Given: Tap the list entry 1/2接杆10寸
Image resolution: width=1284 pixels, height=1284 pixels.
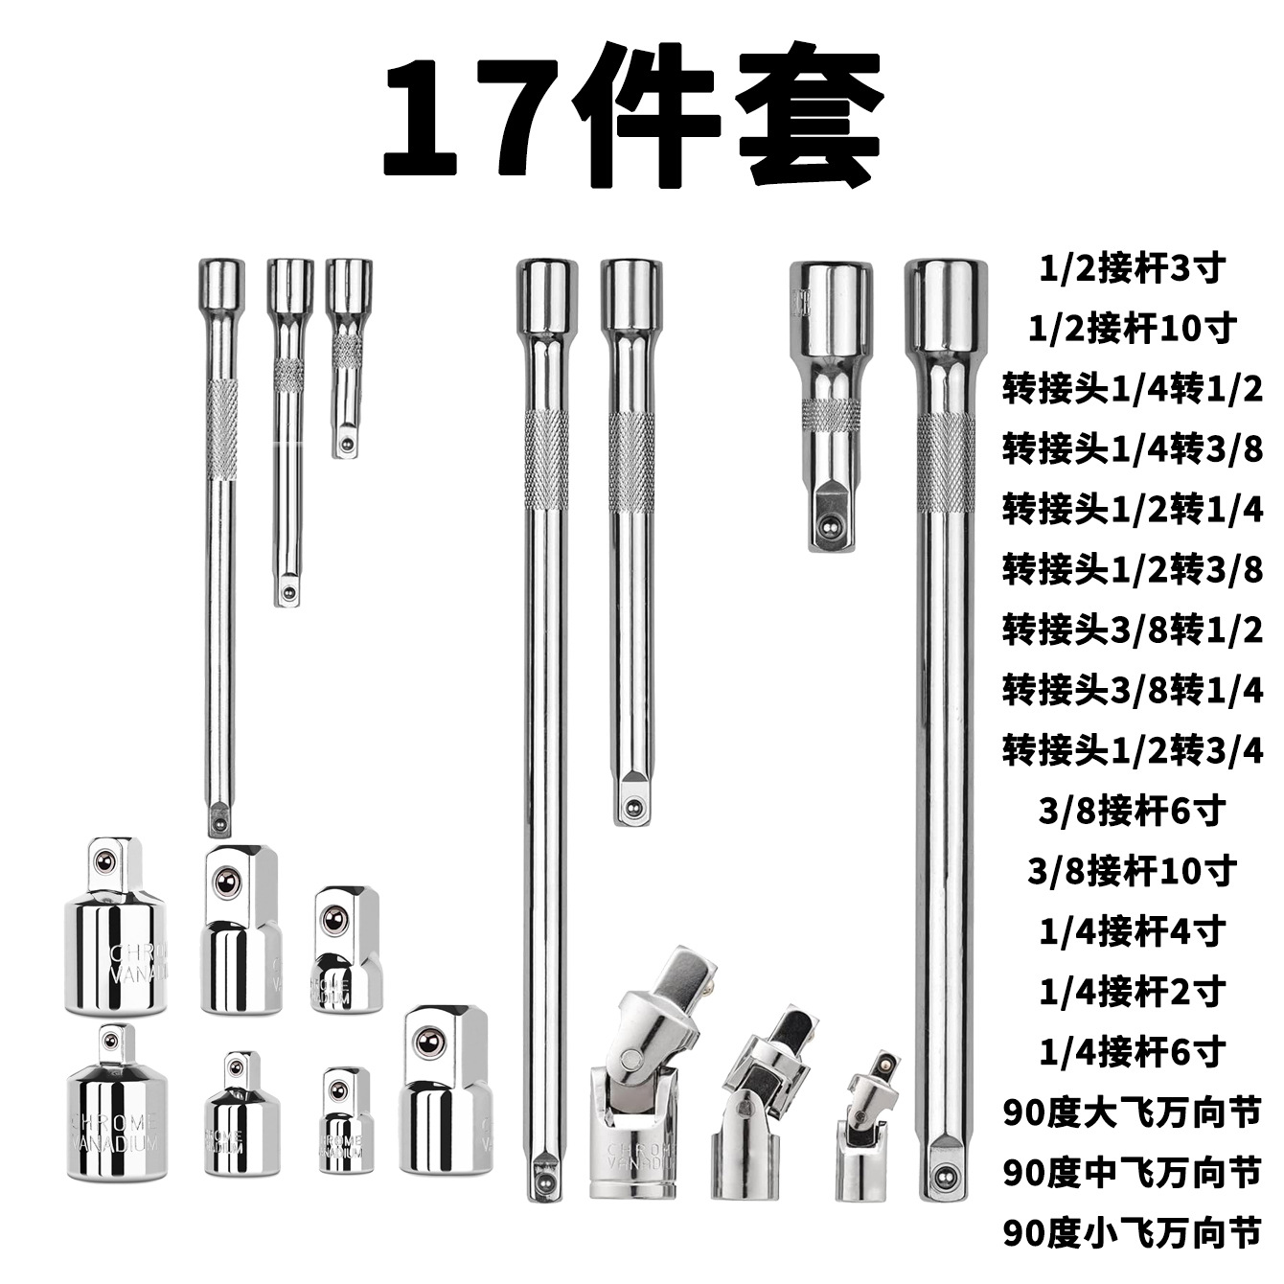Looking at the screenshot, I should coord(1132,329).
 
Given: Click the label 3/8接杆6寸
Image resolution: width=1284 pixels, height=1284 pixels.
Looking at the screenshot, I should coord(1132,811).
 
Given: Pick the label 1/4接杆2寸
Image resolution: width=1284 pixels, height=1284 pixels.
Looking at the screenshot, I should coord(1132,991).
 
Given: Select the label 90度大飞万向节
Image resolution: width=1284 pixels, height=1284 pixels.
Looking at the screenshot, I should coord(1132,1112).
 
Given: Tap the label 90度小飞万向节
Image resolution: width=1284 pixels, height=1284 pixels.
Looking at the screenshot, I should coord(1132,1232).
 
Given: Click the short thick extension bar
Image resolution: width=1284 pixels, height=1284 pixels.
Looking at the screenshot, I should coord(830,402).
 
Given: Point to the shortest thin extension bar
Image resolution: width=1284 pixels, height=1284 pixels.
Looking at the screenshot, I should coord(348,355).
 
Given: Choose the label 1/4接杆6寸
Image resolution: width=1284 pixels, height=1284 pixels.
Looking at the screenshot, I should coord(1132,1052).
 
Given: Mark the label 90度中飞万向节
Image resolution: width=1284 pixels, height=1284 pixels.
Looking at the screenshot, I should coord(1132,1172).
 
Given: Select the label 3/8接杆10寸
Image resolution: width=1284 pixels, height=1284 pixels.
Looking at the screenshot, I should coord(1132,870).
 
